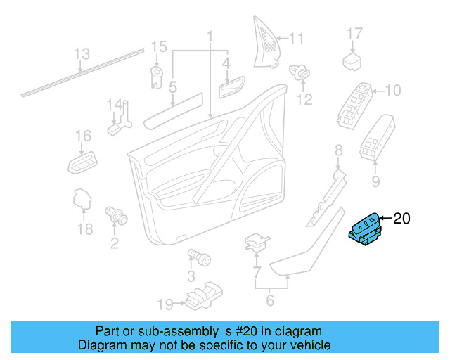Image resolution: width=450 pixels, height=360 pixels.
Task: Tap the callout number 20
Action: pos(400,219)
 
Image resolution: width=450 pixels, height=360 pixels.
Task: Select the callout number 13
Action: pos(82,54)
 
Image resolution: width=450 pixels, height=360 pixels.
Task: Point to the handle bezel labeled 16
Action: pos(82,162)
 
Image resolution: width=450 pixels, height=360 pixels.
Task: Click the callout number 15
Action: pos(159,47)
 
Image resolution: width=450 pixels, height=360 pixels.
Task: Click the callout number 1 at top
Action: pos(209,36)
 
